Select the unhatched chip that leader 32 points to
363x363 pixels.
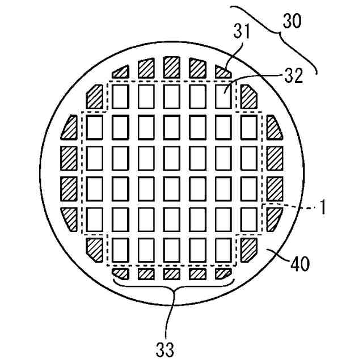[225, 97]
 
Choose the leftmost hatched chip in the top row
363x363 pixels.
[120, 71]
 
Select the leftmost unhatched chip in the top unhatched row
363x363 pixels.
[120, 97]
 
